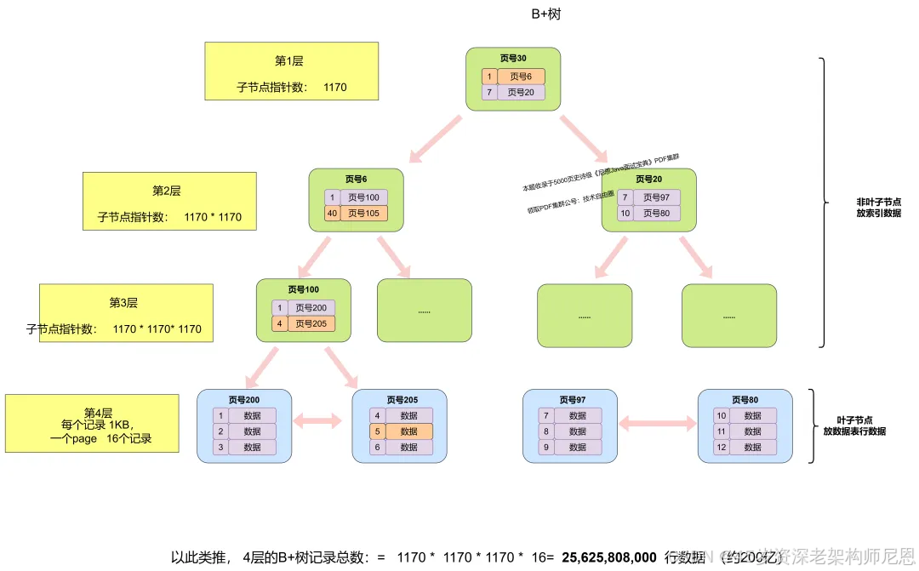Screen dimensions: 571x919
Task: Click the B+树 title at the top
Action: pyautogui.click(x=545, y=14)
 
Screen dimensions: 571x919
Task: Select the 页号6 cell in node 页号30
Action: pyautogui.click(x=521, y=77)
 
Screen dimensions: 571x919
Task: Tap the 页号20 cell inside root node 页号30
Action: pyautogui.click(x=521, y=92)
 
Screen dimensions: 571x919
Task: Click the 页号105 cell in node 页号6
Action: pyautogui.click(x=363, y=213)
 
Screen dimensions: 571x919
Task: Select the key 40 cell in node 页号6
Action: pyautogui.click(x=332, y=213)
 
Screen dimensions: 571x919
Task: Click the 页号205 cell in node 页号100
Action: pyautogui.click(x=311, y=323)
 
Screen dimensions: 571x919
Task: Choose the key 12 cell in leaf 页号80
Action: pyautogui.click(x=720, y=447)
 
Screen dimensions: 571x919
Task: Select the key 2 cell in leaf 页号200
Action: pyautogui.click(x=220, y=431)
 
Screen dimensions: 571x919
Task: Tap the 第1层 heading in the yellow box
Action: pyautogui.click(x=289, y=61)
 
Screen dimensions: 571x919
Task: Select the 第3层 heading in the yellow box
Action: pyautogui.click(x=123, y=303)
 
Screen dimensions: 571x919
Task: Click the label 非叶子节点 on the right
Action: pyautogui.click(x=878, y=203)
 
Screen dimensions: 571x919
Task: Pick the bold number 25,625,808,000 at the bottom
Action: pyautogui.click(x=608, y=557)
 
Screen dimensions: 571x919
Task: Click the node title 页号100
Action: pyautogui.click(x=304, y=289)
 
